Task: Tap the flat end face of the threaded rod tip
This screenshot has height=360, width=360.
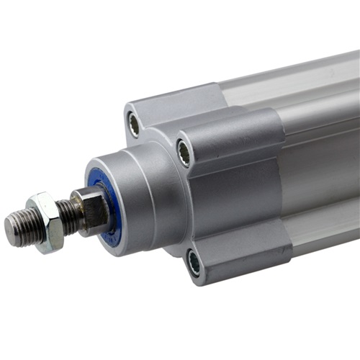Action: point(9,232)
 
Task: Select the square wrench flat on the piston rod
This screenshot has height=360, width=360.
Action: point(89,210)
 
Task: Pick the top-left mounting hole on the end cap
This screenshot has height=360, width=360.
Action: point(134,125)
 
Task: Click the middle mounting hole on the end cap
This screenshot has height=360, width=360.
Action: point(184,152)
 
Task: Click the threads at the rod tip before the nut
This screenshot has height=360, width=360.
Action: point(20,229)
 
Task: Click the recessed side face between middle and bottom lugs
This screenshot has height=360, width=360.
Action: point(238,209)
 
